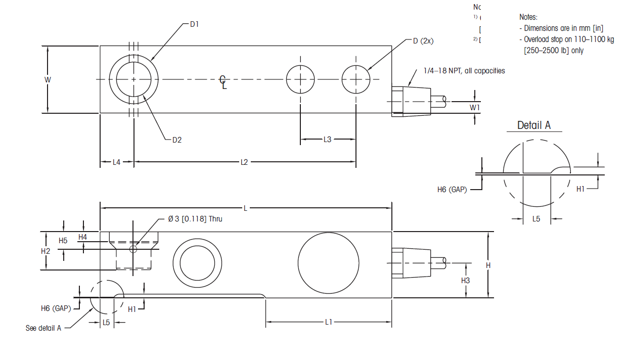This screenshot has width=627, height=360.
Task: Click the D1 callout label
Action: tap(195, 24)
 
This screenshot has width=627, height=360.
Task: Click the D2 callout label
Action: tap(176, 140)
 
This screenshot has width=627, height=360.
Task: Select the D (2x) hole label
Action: tap(423, 41)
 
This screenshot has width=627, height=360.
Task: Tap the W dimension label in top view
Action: tap(48, 79)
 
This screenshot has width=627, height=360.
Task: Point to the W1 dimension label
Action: tap(474, 107)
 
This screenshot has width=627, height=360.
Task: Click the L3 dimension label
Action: tap(328, 139)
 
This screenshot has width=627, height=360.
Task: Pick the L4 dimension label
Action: tap(116, 162)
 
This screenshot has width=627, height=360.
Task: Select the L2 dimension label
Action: tap(244, 162)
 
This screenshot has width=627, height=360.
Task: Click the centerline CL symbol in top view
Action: tap(223, 82)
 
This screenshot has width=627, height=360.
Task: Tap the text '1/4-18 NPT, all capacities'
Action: tap(464, 71)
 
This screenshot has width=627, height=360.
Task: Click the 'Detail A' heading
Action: tap(534, 125)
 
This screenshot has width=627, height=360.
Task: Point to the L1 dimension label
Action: tap(329, 322)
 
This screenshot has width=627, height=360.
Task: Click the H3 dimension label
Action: tap(466, 280)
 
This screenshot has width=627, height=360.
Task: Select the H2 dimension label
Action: tap(46, 251)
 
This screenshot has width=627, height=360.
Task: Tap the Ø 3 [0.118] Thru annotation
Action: tap(195, 219)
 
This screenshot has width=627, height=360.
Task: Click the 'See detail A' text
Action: tap(43, 328)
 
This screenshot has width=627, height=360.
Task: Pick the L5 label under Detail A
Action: tap(536, 219)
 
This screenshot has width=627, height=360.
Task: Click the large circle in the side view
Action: tap(329, 263)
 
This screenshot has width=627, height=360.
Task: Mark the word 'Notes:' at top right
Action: tap(528, 17)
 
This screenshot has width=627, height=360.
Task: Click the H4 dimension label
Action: tap(83, 237)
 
